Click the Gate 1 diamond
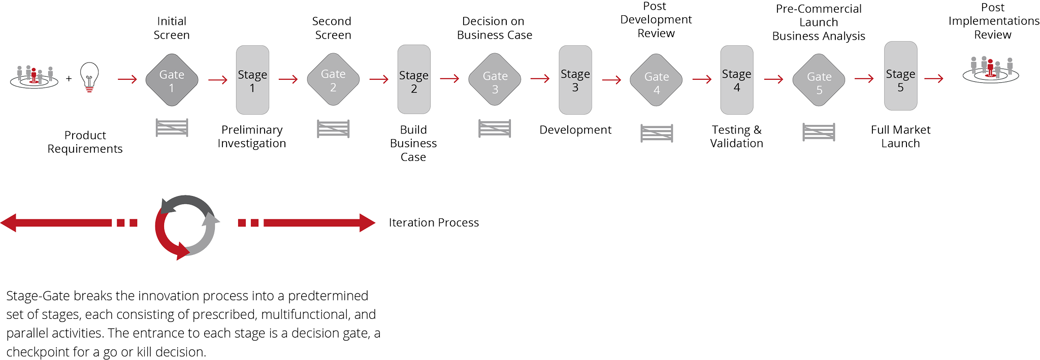(172, 80)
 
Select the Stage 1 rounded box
(252, 80)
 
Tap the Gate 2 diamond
(333, 80)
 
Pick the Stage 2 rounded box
(414, 80)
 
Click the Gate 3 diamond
(495, 80)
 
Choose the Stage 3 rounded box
(575, 80)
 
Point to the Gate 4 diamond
(656, 80)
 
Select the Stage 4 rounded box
(737, 80)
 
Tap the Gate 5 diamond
(819, 80)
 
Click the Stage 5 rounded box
(900, 77)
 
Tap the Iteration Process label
(434, 222)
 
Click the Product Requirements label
(85, 142)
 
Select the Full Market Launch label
(900, 137)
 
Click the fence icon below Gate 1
(172, 127)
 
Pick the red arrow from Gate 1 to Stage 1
(218, 80)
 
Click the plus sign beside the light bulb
(69, 79)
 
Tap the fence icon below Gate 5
(819, 132)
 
